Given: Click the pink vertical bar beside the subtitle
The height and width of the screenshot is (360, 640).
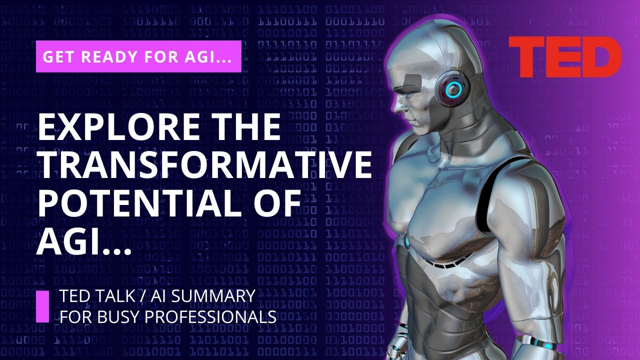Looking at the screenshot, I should click(43, 306).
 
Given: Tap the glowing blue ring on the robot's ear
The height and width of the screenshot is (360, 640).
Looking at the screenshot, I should click(453, 89).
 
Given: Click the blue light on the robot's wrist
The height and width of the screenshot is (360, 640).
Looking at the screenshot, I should click(548, 345).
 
